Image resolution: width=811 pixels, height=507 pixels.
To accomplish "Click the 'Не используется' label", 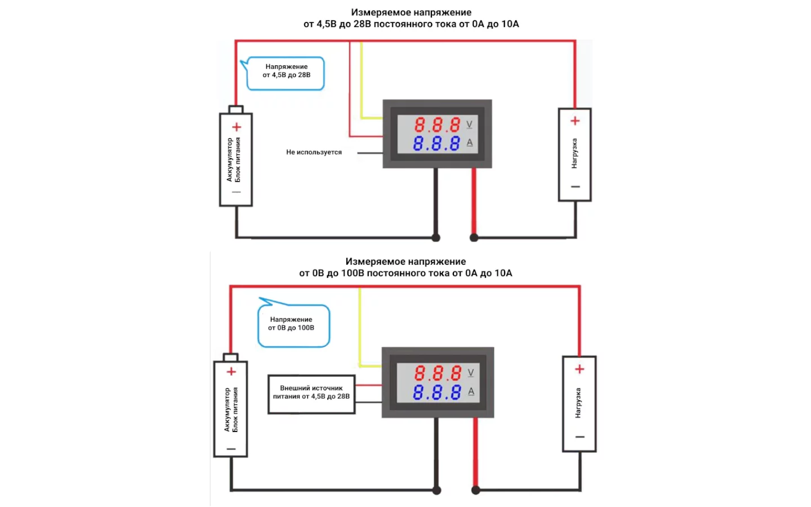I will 314,152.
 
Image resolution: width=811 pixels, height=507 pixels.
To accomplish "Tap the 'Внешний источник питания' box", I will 311,393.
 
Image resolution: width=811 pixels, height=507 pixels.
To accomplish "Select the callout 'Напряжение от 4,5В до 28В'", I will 286,72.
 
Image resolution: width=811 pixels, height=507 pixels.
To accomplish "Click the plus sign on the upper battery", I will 237,127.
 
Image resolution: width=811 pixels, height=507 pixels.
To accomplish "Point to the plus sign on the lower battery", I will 231,372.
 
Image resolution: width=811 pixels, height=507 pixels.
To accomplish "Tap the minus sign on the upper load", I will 575,186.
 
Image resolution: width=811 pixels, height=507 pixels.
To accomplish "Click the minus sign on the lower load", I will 580,437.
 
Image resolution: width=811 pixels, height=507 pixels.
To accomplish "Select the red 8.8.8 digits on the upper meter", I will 437,124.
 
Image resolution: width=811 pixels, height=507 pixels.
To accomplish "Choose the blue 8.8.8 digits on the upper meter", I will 436,144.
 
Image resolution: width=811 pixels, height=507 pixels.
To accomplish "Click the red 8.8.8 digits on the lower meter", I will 438,373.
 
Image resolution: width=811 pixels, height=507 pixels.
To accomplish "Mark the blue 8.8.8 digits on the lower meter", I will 437,392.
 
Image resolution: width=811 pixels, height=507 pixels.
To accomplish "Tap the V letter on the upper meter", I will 469,124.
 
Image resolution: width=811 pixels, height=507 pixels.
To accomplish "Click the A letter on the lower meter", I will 471,392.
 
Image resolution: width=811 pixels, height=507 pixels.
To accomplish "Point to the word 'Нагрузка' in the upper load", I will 574,153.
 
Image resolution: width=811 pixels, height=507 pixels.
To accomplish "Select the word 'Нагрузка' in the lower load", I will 578,402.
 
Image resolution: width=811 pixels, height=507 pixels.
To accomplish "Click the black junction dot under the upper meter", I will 436,238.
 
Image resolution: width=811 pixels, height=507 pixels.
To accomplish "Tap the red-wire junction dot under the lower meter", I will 476,490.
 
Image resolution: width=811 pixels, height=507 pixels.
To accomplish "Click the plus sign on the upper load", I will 575,121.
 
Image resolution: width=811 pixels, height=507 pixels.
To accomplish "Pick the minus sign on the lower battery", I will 231,449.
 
